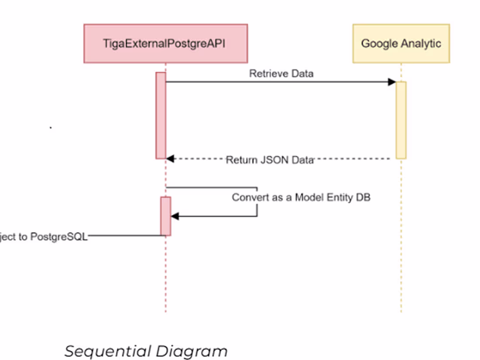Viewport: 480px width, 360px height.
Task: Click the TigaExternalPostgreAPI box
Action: (166, 43)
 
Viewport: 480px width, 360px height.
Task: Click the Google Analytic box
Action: (401, 43)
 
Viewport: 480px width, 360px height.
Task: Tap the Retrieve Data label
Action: (281, 73)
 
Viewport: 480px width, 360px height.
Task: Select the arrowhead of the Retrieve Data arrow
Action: (392, 82)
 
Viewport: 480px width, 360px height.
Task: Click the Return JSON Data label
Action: (270, 160)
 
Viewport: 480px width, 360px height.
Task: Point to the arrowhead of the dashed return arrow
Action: (170, 159)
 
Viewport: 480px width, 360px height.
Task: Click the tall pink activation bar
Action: (161, 115)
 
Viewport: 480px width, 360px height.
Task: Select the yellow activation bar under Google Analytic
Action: (401, 120)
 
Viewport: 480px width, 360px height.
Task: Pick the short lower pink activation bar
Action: (165, 216)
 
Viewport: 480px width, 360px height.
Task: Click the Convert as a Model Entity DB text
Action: (301, 197)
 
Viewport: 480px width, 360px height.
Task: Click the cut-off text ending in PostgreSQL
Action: (44, 237)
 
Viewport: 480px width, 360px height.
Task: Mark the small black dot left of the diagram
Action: (51, 127)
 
